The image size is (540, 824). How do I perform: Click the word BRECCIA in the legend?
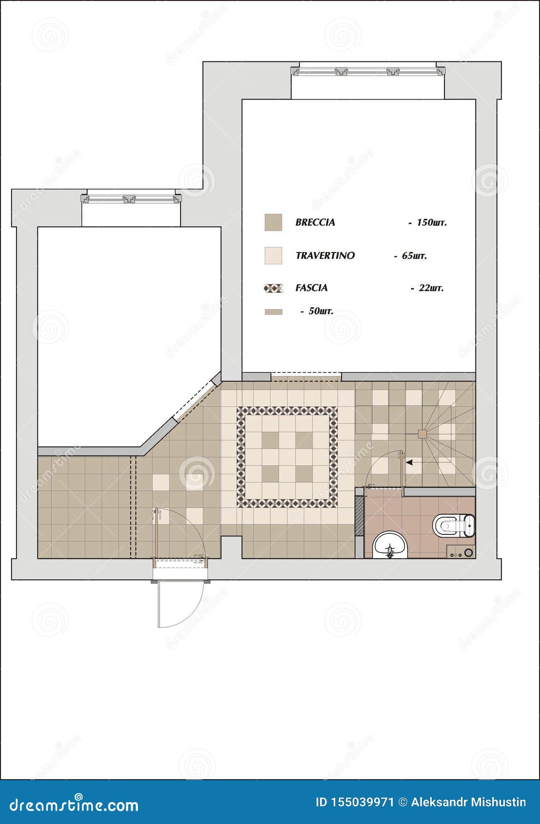coord(315,222)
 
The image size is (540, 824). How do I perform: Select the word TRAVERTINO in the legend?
coord(325,255)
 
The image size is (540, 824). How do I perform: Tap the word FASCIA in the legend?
coord(311,288)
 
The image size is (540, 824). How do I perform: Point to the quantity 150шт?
coord(431,222)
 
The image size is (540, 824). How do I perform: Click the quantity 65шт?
coord(414,255)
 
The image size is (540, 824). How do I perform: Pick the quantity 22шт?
coord(431,288)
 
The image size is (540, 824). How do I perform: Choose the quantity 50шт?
coord(320,311)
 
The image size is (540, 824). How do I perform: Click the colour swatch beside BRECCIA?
coord(273,222)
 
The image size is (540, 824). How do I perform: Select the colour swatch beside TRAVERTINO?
coord(273,255)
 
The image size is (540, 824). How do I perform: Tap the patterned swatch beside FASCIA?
coord(273,288)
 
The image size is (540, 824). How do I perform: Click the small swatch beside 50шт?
coord(273,312)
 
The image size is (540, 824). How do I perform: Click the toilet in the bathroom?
coord(453,525)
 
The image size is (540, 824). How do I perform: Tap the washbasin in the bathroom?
coord(390,546)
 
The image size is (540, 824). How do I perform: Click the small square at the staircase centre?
coord(422,433)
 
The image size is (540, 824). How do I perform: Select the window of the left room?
coord(131,199)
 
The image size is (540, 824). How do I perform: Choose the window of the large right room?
coord(368,71)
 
